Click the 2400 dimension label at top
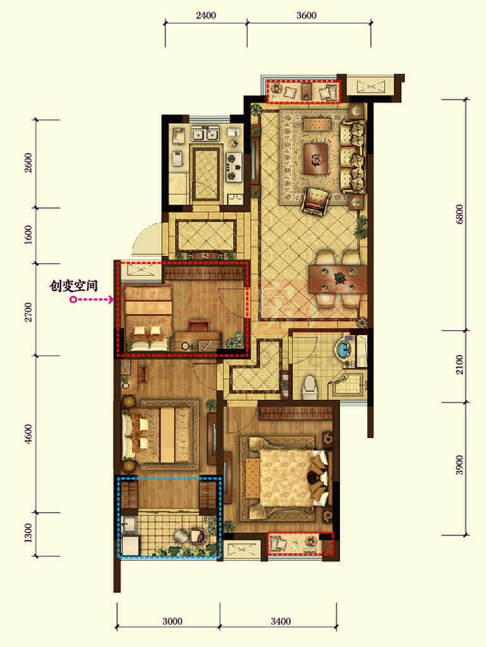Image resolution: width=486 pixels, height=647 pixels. (x=206, y=16)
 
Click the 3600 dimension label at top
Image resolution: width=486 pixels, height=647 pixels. (x=306, y=16)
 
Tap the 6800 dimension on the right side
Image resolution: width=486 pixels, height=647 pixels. (x=459, y=214)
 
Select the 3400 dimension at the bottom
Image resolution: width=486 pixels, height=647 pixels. (x=280, y=621)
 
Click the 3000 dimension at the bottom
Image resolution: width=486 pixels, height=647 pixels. (x=172, y=621)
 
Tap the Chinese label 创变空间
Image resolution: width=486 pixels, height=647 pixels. (x=73, y=286)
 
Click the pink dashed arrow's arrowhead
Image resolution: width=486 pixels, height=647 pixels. (x=111, y=299)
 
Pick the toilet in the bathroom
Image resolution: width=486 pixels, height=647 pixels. (x=310, y=387)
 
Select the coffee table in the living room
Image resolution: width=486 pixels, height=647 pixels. (x=316, y=159)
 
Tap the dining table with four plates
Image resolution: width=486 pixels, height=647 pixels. (x=338, y=279)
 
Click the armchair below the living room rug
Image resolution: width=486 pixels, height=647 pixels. (x=316, y=201)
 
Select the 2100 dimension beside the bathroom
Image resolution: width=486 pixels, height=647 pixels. (x=459, y=365)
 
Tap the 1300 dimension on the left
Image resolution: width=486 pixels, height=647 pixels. (x=28, y=533)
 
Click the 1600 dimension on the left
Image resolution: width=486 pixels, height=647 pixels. (x=28, y=234)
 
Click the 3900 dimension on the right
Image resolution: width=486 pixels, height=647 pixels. (x=459, y=465)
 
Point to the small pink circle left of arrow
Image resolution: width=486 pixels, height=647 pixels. (x=73, y=299)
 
